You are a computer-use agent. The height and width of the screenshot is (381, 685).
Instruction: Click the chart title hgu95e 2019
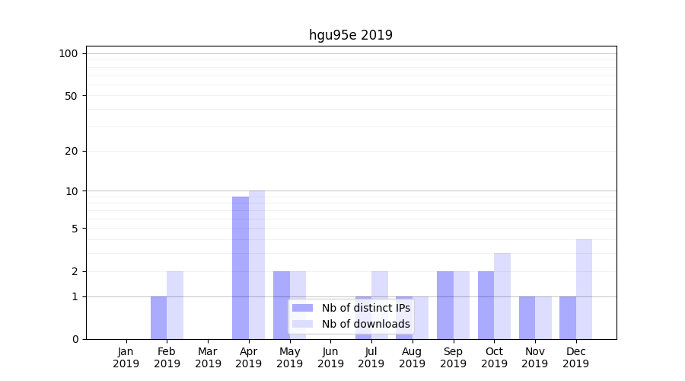tap(351, 35)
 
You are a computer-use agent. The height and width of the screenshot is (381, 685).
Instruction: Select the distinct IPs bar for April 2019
tap(241, 267)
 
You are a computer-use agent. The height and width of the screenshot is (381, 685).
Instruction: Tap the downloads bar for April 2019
tap(256, 264)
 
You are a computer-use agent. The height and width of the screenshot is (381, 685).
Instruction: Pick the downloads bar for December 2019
tap(584, 289)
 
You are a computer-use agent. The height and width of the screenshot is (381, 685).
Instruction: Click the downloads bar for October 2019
tap(502, 296)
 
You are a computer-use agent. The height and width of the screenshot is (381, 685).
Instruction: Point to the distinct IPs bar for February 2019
tap(158, 318)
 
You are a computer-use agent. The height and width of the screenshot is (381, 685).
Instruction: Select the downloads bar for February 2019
tap(175, 305)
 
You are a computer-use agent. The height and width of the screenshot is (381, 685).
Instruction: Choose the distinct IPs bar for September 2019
tap(445, 305)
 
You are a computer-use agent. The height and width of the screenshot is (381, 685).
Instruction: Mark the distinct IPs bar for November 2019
tap(527, 318)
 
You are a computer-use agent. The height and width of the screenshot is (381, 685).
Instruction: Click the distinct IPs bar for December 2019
tap(568, 318)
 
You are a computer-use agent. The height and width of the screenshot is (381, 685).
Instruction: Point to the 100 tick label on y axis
tap(68, 53)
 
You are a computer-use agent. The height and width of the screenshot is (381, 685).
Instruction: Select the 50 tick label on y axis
tap(72, 96)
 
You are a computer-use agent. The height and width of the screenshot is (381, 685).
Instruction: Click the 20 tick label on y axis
tap(72, 151)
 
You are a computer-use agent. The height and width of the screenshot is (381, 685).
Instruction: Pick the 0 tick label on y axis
tap(75, 339)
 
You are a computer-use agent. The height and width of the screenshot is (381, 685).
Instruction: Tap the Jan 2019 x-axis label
tap(126, 357)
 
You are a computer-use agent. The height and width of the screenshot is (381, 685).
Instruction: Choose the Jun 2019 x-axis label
tap(330, 357)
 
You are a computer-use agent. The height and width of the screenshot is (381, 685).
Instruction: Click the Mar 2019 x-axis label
tap(208, 357)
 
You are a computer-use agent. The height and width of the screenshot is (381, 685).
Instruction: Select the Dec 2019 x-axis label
tap(575, 357)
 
